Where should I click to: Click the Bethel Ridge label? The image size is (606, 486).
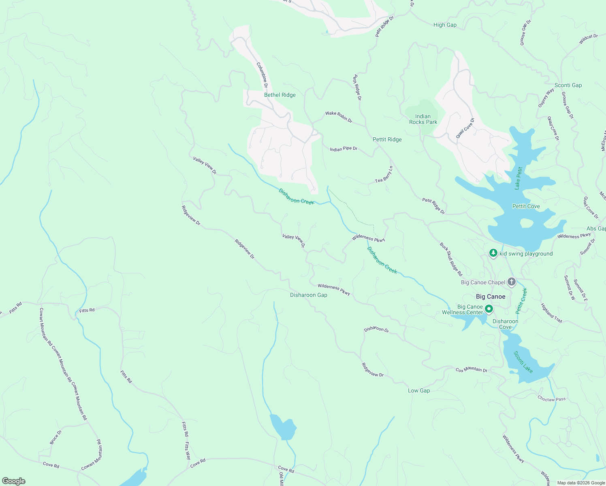click(280, 95)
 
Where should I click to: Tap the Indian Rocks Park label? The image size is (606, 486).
click(423, 119)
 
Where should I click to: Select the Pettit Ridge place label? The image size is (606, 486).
click(387, 139)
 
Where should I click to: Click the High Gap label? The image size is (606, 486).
click(445, 25)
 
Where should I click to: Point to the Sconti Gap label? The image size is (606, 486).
click(568, 85)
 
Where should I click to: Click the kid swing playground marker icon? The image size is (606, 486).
click(493, 253)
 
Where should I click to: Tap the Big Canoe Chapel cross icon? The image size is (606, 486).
click(512, 282)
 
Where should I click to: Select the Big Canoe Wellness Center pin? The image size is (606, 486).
click(489, 309)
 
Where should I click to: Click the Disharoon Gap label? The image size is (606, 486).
click(308, 295)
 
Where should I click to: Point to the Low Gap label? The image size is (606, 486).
click(418, 390)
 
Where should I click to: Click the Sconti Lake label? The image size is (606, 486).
click(523, 362)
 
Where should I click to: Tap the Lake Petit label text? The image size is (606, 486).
click(519, 178)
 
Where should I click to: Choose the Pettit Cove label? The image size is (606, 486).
click(526, 206)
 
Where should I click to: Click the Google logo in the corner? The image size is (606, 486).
click(13, 481)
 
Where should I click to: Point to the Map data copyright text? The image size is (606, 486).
click(580, 483)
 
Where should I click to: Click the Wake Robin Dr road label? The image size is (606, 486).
click(339, 117)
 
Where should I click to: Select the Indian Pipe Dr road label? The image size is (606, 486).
click(344, 149)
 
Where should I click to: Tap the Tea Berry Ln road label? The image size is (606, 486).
click(384, 175)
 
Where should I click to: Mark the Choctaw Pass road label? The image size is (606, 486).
click(551, 399)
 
